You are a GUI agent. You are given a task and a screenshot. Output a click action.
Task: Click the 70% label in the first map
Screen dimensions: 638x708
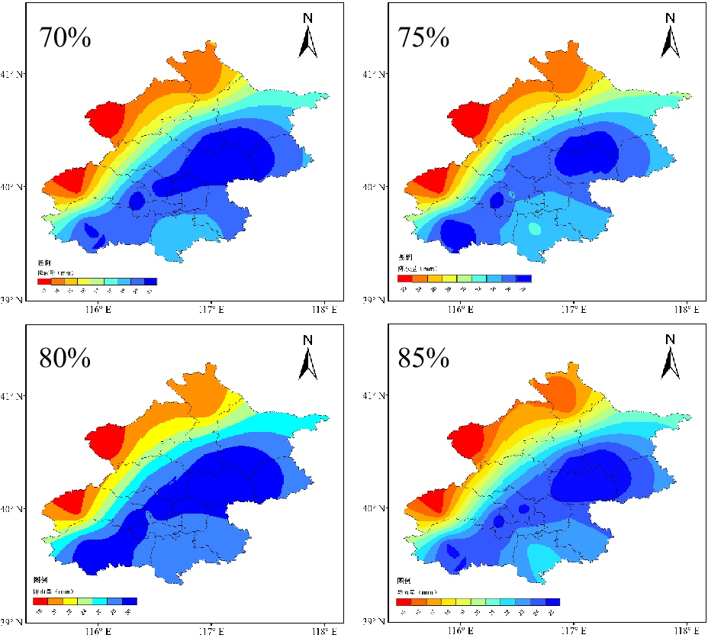[65, 37]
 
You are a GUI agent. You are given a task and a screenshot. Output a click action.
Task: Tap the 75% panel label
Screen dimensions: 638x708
[423, 37]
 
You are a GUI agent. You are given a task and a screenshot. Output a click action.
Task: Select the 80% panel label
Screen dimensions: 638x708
[65, 357]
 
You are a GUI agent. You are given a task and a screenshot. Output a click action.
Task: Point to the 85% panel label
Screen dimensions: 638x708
[423, 357]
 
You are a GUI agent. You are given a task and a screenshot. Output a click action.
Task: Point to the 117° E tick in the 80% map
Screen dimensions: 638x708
[211, 631]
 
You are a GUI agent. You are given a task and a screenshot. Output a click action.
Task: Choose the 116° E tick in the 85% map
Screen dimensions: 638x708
[459, 631]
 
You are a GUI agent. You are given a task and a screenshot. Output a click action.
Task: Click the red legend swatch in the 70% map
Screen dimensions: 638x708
[43, 282]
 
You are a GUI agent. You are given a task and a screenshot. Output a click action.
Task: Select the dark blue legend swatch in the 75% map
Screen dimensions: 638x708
[523, 279]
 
